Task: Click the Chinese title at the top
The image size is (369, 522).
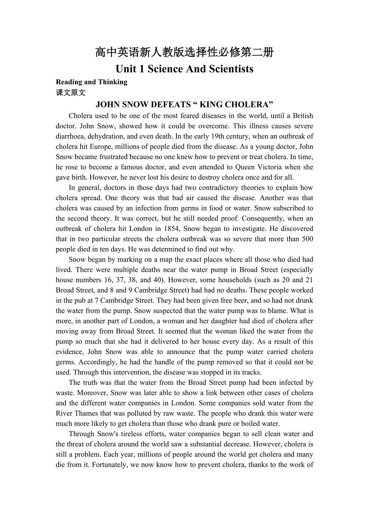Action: tap(184, 52)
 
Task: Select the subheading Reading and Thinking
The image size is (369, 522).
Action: tap(91, 82)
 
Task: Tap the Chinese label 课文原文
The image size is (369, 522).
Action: tap(71, 93)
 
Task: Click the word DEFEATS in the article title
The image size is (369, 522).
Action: tap(169, 105)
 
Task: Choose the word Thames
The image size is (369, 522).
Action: tap(86, 413)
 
